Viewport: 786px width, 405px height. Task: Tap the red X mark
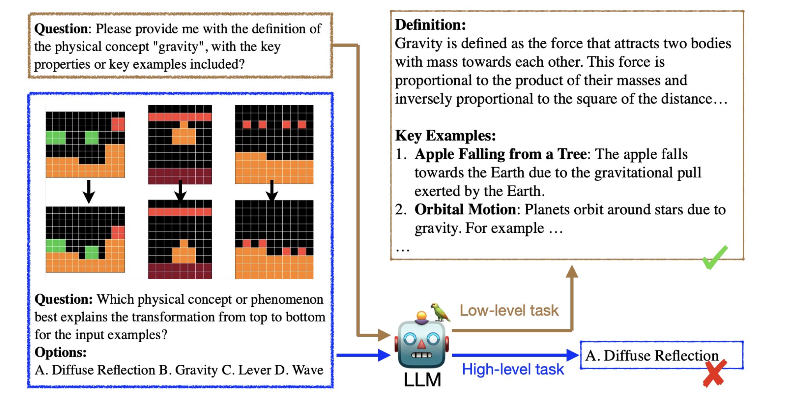pyautogui.click(x=715, y=373)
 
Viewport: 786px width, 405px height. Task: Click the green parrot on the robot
pyautogui.click(x=441, y=312)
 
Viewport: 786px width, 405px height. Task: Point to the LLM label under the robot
pyautogui.click(x=422, y=380)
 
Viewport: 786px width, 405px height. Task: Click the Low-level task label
pyautogui.click(x=509, y=310)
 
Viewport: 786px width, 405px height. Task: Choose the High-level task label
pyautogui.click(x=513, y=369)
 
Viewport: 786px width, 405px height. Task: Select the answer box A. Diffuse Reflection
pyautogui.click(x=661, y=355)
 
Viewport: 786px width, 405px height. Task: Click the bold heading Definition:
pyautogui.click(x=430, y=25)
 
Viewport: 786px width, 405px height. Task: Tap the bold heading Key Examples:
pyautogui.click(x=445, y=135)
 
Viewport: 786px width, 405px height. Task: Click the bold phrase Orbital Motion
pyautogui.click(x=465, y=209)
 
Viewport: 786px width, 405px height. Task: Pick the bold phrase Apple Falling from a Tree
pyautogui.click(x=501, y=154)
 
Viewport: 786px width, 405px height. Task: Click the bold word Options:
pyautogui.click(x=60, y=352)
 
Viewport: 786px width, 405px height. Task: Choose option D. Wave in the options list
pyautogui.click(x=299, y=370)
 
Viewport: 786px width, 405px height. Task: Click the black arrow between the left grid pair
pyautogui.click(x=89, y=191)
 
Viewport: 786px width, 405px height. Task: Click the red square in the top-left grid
pyautogui.click(x=118, y=124)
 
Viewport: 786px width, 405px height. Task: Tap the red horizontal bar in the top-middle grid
pyautogui.click(x=180, y=117)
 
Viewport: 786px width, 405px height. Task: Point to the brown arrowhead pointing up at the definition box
pyautogui.click(x=572, y=271)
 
